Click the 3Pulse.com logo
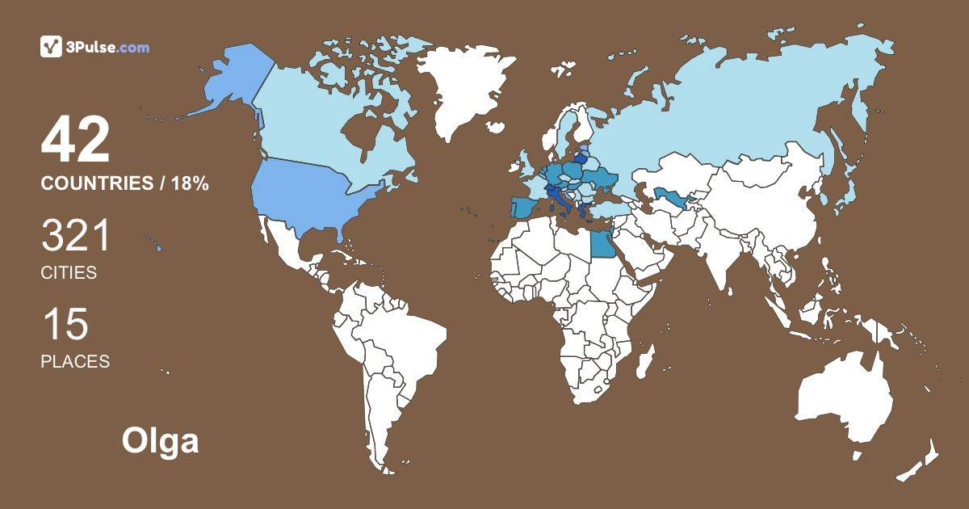95,47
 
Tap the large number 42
75,141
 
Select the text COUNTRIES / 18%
124,184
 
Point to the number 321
75,238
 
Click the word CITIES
69,273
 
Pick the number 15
65,325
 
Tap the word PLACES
75,361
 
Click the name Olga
160,441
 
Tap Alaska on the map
226,81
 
